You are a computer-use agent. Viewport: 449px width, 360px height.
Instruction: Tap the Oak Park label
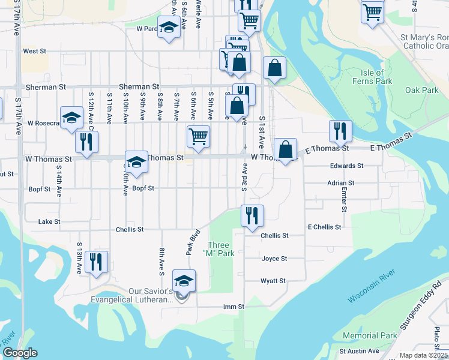pyautogui.click(x=421, y=90)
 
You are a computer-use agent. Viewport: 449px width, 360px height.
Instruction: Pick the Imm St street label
pyautogui.click(x=234, y=307)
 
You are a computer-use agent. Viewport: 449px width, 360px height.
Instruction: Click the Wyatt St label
pyautogui.click(x=273, y=281)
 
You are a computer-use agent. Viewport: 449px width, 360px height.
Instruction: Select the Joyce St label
pyautogui.click(x=274, y=259)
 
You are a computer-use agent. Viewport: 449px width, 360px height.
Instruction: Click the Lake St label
pyautogui.click(x=49, y=221)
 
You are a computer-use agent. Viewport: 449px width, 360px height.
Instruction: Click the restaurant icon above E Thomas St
pyautogui.click(x=340, y=130)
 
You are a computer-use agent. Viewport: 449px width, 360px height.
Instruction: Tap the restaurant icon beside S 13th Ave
pyautogui.click(x=96, y=262)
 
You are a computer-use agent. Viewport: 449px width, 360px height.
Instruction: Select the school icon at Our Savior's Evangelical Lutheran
pyautogui.click(x=184, y=281)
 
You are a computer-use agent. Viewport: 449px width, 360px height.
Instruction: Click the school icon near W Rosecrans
pyautogui.click(x=71, y=117)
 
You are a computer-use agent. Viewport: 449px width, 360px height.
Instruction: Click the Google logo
pyautogui.click(x=20, y=353)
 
